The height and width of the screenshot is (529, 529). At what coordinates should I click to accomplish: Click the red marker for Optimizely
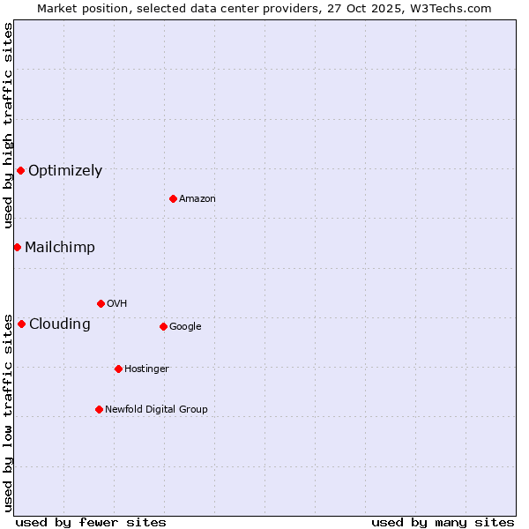[20, 170]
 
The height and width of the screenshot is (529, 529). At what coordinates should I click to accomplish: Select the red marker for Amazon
[173, 198]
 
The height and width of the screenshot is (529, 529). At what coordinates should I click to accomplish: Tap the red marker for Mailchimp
[17, 247]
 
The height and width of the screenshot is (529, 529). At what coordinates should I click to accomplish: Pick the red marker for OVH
[101, 303]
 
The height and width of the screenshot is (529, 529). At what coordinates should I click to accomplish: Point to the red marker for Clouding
[21, 324]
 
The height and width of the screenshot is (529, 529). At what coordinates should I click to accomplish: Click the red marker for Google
[163, 326]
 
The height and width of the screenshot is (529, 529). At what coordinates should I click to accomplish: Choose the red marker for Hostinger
[118, 369]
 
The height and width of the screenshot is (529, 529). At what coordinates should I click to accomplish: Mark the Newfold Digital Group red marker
[99, 409]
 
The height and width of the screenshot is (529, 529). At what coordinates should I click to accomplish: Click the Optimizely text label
[65, 171]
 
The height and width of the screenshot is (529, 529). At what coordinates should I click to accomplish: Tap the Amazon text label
[197, 199]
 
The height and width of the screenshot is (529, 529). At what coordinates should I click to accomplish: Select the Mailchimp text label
[60, 248]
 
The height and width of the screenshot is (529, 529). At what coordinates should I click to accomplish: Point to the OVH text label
[117, 304]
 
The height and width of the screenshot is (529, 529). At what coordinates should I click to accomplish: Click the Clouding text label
[60, 324]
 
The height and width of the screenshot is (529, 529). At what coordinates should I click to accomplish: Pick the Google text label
[185, 327]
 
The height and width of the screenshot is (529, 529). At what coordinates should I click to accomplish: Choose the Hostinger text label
[146, 369]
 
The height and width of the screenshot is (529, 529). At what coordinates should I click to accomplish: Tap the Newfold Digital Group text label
[156, 410]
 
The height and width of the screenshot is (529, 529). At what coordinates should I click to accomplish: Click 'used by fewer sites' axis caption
[91, 522]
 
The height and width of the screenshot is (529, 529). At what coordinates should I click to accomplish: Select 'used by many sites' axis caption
[443, 522]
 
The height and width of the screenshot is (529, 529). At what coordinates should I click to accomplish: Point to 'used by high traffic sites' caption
[9, 125]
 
